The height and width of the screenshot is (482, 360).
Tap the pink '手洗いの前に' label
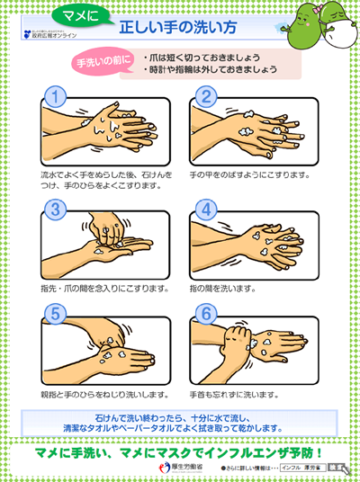pos(103,62)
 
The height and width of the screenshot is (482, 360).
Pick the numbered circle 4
pos(205,210)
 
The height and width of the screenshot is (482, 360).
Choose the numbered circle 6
pos(205,315)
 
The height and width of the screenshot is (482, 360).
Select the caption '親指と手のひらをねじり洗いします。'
pos(104,393)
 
